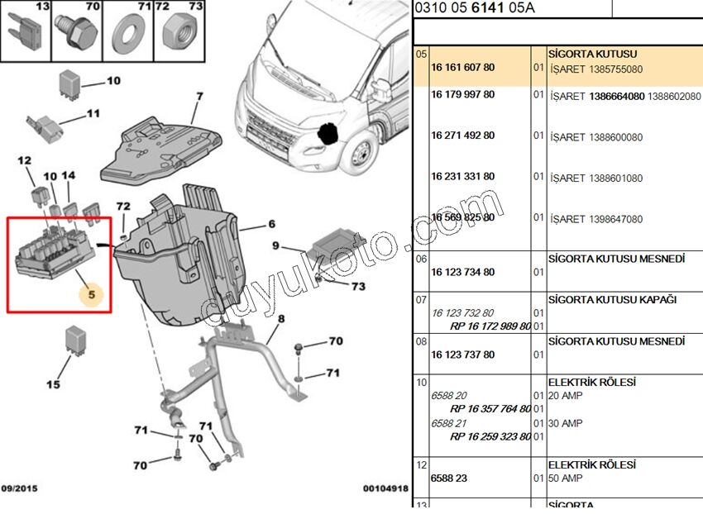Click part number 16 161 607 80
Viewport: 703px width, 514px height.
pyautogui.click(x=462, y=68)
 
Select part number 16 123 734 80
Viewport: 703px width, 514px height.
pyautogui.click(x=462, y=272)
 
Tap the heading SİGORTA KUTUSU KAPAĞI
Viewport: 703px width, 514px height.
pyautogui.click(x=612, y=299)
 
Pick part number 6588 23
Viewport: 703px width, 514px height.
pyautogui.click(x=449, y=478)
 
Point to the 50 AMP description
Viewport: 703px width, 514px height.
pyautogui.click(x=566, y=478)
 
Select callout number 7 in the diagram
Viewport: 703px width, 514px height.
pyautogui.click(x=198, y=97)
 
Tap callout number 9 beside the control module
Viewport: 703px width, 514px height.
pyautogui.click(x=277, y=246)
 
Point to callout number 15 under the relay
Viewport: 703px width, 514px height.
pyautogui.click(x=54, y=384)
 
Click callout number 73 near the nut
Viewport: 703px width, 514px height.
pyautogui.click(x=357, y=287)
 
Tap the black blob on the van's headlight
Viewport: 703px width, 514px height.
pyautogui.click(x=330, y=133)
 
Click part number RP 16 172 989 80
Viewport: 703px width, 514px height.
pyautogui.click(x=490, y=326)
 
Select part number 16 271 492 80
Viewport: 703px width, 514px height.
pyautogui.click(x=462, y=136)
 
